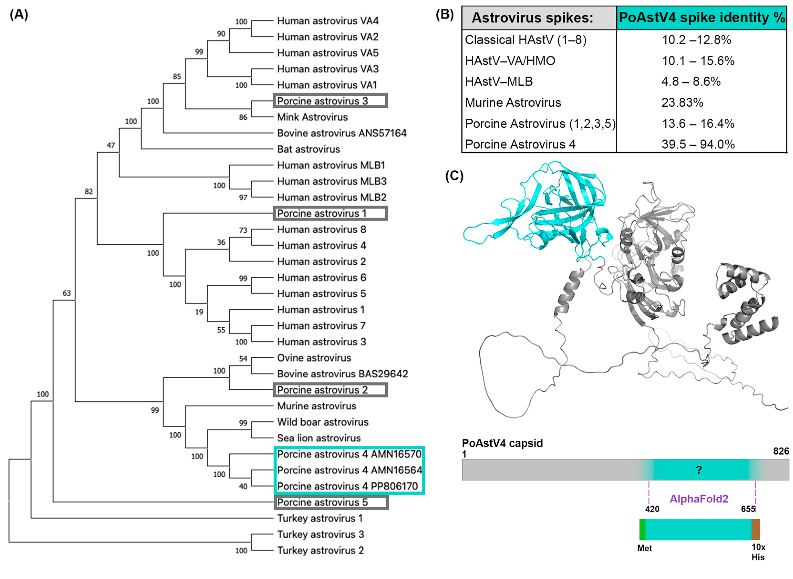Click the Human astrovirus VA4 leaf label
[x=328, y=21]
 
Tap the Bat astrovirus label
[x=308, y=149]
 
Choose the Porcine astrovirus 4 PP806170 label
[x=347, y=486]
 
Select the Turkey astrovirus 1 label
[x=319, y=518]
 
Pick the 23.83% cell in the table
[x=682, y=103]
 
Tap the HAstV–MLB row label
[x=499, y=82]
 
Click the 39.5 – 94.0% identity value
[x=698, y=144]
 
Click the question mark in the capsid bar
[x=698, y=470]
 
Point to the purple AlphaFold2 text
[x=698, y=499]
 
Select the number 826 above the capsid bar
[x=781, y=451]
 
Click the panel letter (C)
[x=454, y=176]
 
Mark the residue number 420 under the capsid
[x=652, y=509]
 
